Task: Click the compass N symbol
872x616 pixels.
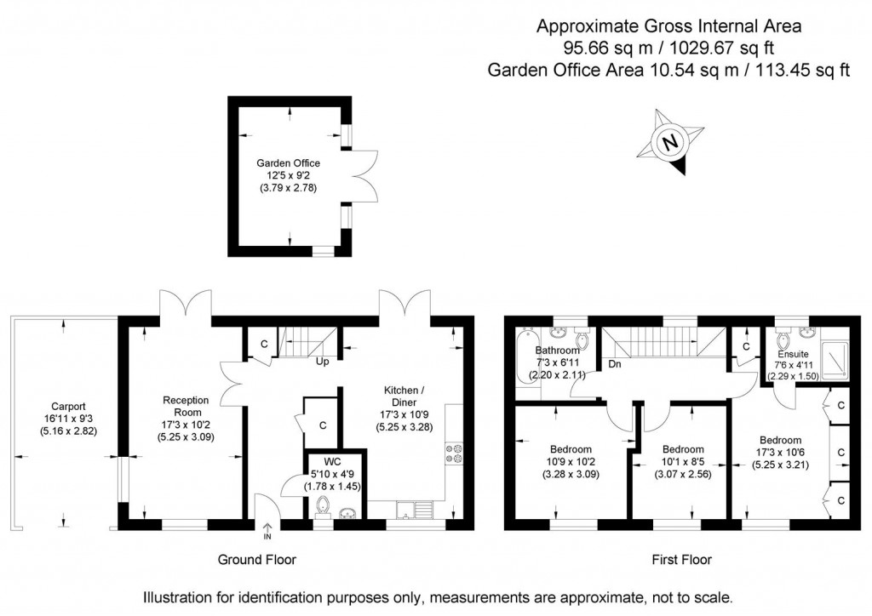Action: point(671,142)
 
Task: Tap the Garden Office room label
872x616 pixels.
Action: point(288,163)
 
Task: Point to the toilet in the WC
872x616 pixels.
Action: point(323,507)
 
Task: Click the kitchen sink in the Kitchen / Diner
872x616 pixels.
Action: point(416,510)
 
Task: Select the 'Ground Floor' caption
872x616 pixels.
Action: point(257,559)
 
